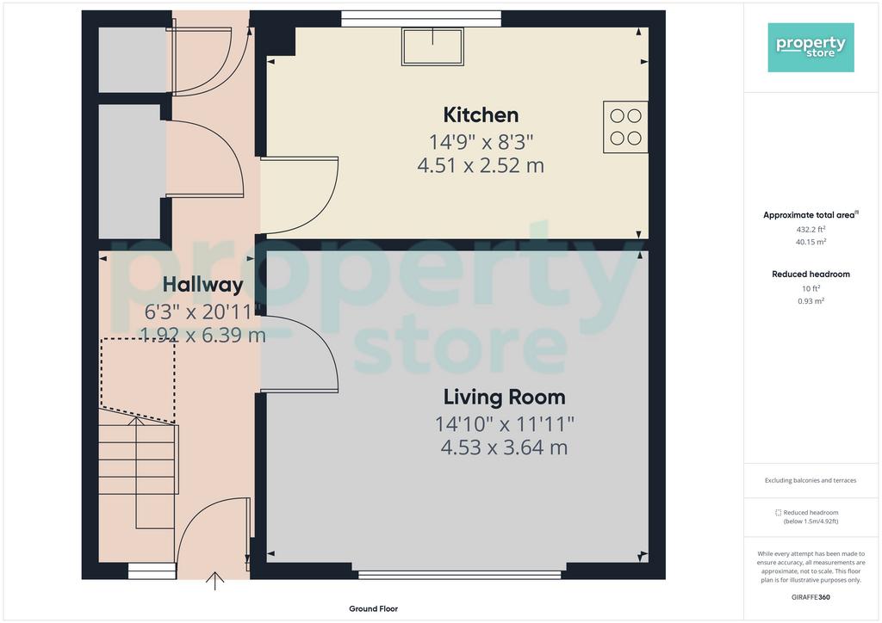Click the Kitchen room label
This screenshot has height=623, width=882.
click(481, 114)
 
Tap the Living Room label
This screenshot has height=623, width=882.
click(504, 397)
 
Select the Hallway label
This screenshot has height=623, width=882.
click(202, 285)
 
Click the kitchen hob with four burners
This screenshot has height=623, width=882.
click(625, 127)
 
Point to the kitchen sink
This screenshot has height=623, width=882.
click(432, 46)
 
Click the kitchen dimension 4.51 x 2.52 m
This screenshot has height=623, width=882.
click(481, 165)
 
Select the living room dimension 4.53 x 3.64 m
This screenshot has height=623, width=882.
click(504, 447)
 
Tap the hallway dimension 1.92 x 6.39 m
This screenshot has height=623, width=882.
click(202, 335)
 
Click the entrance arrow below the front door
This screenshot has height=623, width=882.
click(214, 582)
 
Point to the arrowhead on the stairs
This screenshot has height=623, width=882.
click(136, 421)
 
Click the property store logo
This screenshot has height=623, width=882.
click(811, 47)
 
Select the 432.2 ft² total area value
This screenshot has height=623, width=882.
click(811, 229)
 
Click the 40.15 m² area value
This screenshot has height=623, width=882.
click(811, 242)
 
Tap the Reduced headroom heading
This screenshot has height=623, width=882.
click(811, 274)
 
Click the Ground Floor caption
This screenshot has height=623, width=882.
click(373, 608)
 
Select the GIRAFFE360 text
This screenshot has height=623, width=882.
click(811, 597)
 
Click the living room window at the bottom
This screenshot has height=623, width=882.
click(460, 575)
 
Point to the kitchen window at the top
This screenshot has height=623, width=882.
click(421, 20)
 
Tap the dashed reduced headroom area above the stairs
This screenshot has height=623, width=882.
click(137, 380)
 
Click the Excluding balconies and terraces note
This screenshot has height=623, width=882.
click(811, 480)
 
